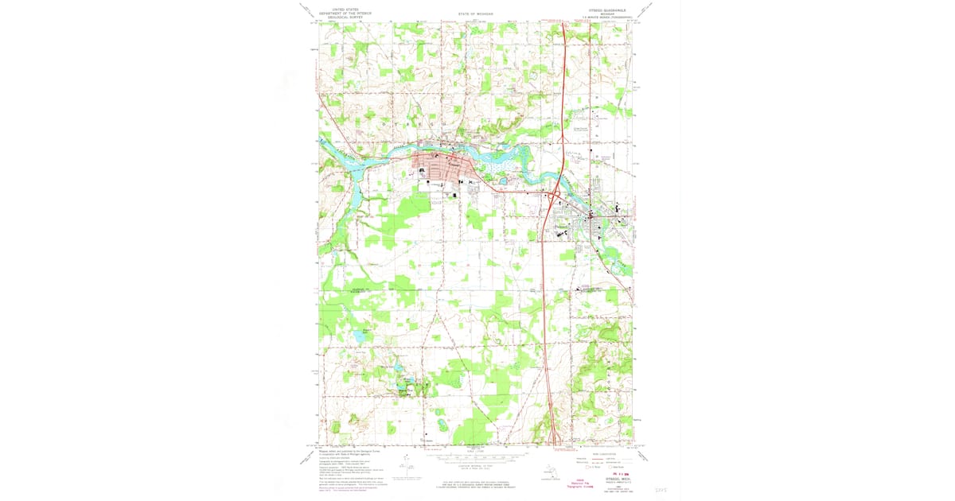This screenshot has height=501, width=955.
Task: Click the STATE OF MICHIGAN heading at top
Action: pyautogui.click(x=477, y=14)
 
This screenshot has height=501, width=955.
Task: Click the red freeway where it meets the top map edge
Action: pyautogui.click(x=563, y=24)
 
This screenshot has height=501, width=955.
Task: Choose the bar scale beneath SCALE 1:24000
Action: pyautogui.click(x=476, y=457)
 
